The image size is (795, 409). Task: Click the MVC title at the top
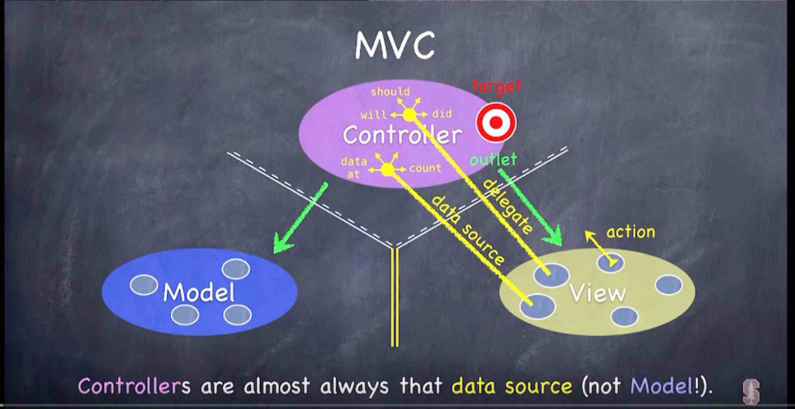coord(394,46)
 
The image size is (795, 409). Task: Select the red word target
coord(497,86)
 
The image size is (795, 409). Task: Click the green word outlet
coord(493,160)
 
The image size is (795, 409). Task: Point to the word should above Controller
coord(390,92)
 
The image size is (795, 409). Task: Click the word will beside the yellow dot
coord(373,115)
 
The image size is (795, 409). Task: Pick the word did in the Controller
coord(442,114)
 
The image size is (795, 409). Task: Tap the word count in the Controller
coord(425,168)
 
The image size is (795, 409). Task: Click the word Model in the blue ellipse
coord(199,293)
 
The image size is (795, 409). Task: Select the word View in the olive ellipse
coord(597,293)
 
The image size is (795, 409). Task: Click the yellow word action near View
coord(630,231)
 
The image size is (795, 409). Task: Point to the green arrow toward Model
coord(299,220)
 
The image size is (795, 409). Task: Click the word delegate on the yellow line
coord(509,206)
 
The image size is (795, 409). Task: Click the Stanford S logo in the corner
coord(751,391)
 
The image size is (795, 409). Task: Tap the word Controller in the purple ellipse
coord(401,136)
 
